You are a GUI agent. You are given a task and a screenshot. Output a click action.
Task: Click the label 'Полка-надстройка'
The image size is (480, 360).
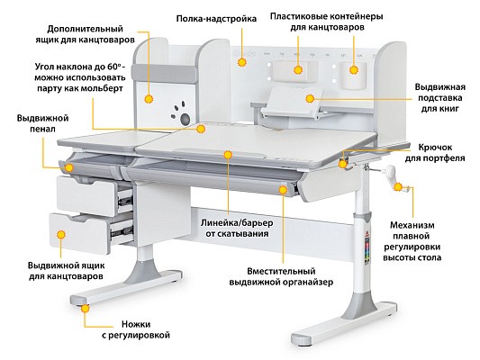(x=216, y=19)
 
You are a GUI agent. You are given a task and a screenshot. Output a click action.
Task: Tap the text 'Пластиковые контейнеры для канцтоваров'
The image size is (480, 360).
(x=326, y=22)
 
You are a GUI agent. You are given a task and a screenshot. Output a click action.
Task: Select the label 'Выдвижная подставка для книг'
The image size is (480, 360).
(x=439, y=98)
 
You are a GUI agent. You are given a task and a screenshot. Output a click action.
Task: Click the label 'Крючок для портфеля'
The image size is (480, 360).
(x=435, y=153)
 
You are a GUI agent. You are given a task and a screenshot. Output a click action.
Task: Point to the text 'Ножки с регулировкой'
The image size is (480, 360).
(x=136, y=329)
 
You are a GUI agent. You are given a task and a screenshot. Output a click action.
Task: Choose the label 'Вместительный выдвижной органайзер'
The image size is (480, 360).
(x=281, y=276)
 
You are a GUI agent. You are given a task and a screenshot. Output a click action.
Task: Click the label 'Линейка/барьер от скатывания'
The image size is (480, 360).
(x=237, y=229)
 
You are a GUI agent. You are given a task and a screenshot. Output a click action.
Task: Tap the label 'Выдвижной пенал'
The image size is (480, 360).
(x=42, y=123)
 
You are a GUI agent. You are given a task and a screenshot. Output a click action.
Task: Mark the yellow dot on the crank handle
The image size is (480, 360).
(x=398, y=187)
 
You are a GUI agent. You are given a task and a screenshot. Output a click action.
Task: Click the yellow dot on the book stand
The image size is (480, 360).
(x=310, y=98)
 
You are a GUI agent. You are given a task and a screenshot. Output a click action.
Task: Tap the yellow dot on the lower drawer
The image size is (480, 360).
(x=61, y=235)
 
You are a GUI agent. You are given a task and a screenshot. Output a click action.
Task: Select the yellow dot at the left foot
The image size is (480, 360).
(x=85, y=308)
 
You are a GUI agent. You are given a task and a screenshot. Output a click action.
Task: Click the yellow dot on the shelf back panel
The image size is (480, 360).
(x=242, y=62)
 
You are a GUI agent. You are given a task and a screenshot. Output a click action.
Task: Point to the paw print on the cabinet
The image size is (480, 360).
(x=182, y=113)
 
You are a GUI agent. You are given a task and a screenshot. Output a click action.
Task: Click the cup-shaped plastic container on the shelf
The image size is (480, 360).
(x=354, y=76)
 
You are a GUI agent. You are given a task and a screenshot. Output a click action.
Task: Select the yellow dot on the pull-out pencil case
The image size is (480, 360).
(x=69, y=167)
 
